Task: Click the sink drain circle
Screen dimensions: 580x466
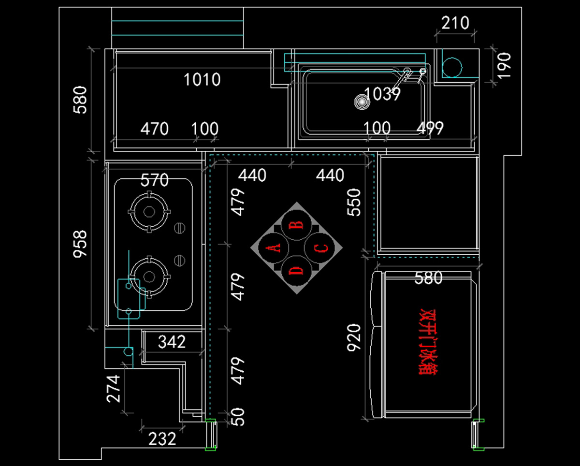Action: (362, 102)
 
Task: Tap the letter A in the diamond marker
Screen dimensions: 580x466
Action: (273, 248)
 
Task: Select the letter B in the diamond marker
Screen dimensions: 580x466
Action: (296, 225)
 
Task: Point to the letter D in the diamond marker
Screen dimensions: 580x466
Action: (296, 270)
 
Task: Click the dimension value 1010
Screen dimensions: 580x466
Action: (202, 80)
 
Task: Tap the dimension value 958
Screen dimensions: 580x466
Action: (80, 244)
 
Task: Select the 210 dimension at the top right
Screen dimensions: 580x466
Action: (455, 23)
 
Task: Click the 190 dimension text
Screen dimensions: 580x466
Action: (504, 65)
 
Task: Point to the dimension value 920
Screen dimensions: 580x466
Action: (354, 338)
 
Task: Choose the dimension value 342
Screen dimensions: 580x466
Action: (172, 342)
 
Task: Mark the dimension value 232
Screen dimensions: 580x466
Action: (162, 439)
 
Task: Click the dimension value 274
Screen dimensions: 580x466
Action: (113, 389)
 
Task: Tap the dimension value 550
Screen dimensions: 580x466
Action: (354, 202)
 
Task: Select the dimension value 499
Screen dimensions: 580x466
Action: (430, 128)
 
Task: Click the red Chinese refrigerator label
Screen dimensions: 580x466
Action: (428, 342)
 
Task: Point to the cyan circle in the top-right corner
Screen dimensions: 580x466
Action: (452, 67)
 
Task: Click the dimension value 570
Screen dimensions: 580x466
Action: (155, 180)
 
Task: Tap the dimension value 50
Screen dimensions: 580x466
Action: (238, 417)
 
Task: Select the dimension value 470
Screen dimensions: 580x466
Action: (155, 129)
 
